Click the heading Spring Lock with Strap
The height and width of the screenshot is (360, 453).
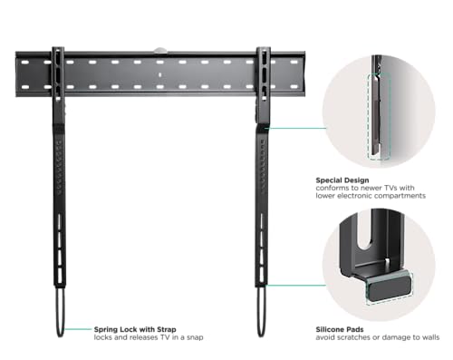(x=135, y=329)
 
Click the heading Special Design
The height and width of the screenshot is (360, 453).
(x=342, y=180)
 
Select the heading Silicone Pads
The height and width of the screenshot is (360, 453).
(x=340, y=329)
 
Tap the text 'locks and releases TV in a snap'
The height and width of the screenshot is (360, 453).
(x=149, y=337)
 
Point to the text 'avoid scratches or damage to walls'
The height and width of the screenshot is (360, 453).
(x=378, y=337)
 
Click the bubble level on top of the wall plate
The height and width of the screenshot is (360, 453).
(x=160, y=50)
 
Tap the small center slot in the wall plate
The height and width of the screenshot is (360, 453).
(x=160, y=74)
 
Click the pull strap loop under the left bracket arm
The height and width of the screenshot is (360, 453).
(x=60, y=311)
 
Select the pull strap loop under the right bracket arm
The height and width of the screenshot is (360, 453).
(x=261, y=311)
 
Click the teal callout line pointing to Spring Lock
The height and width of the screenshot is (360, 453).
(x=78, y=329)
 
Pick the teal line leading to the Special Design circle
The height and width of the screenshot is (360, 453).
(x=297, y=128)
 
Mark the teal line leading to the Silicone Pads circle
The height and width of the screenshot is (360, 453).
(x=295, y=285)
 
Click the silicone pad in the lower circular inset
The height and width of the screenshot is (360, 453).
(x=390, y=287)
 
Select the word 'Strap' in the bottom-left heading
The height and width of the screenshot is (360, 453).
(x=167, y=329)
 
